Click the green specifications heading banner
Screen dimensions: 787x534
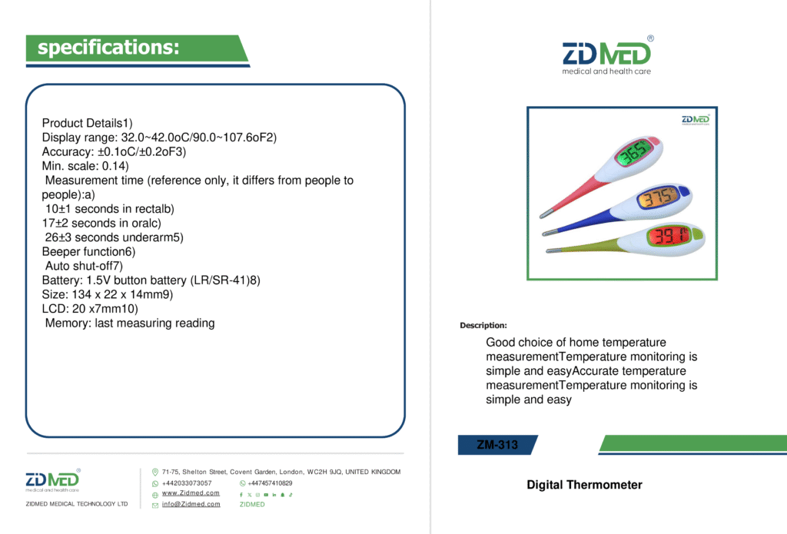tap(135, 48)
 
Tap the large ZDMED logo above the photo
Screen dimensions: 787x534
tap(607, 55)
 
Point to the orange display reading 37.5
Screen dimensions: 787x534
tap(658, 197)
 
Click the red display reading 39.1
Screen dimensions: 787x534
tap(669, 235)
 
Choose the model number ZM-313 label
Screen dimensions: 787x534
tap(497, 445)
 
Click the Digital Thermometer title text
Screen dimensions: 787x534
tap(584, 485)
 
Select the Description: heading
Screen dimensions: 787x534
tap(483, 325)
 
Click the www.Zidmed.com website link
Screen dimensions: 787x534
tap(191, 493)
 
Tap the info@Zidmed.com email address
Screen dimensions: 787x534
tap(191, 504)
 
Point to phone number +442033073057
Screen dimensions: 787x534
tap(187, 483)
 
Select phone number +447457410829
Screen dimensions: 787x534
tap(270, 483)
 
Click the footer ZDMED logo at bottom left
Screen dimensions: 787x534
tap(53, 480)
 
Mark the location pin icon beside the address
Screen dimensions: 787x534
tap(155, 472)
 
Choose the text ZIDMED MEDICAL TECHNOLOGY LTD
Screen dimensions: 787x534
tap(77, 504)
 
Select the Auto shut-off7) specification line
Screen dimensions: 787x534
tap(84, 266)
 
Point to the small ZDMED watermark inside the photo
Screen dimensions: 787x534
tap(696, 119)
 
